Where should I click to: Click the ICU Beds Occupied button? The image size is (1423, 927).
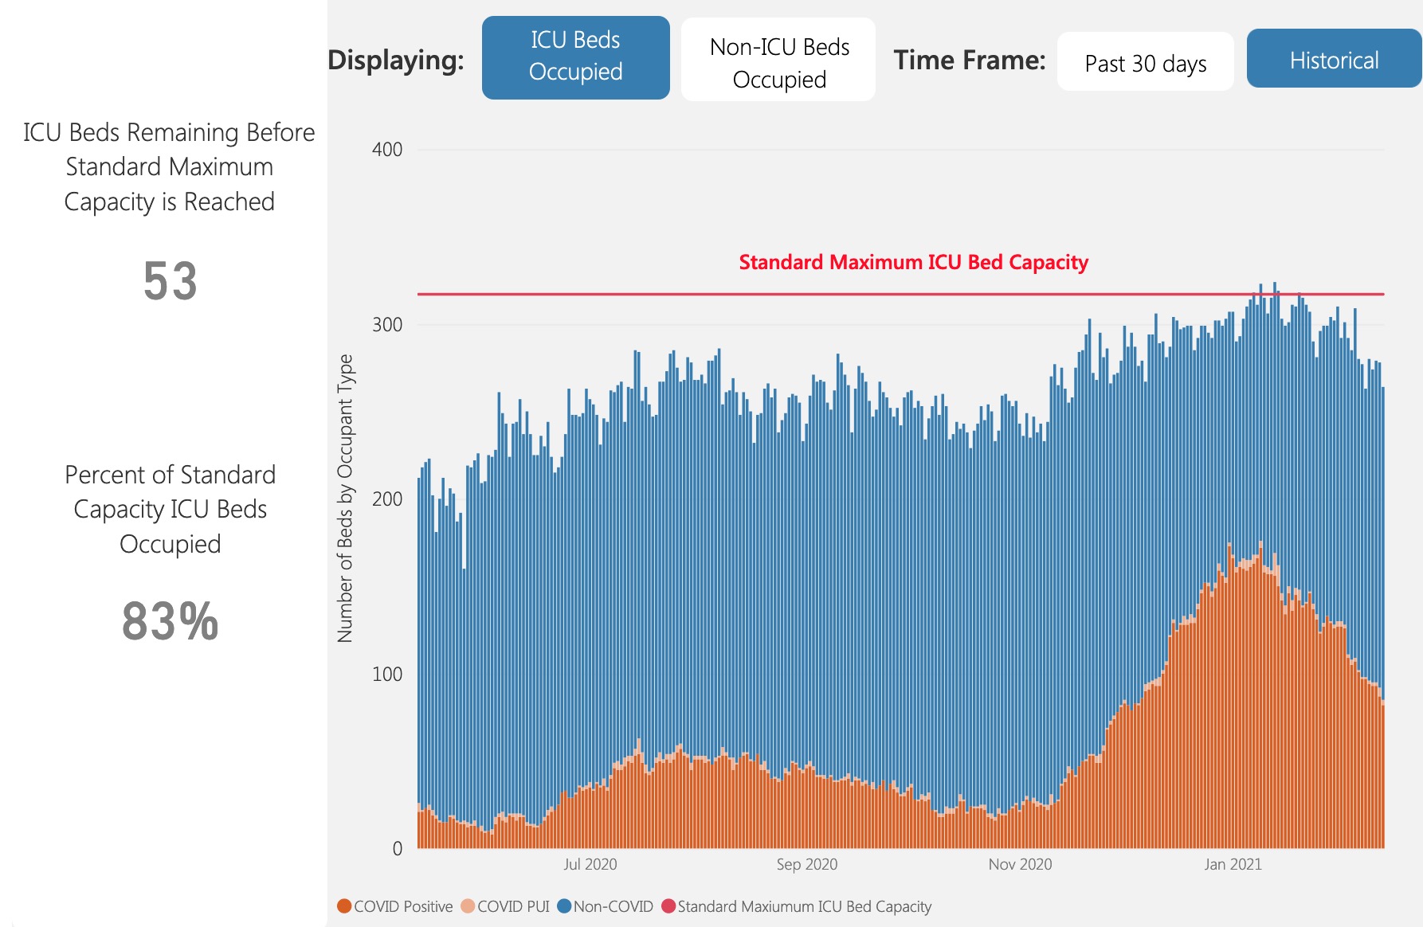(x=575, y=57)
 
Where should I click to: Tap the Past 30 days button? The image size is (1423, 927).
(x=1145, y=62)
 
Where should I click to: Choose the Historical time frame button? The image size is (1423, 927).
(x=1334, y=59)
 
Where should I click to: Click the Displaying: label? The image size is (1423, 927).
(x=396, y=60)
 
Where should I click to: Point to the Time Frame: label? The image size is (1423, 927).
(x=969, y=60)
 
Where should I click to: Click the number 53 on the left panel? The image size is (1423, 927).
(x=170, y=281)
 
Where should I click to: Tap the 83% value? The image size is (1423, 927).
(x=170, y=621)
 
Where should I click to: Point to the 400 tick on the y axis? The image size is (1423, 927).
(x=387, y=150)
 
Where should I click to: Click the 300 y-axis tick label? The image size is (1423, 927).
(x=387, y=325)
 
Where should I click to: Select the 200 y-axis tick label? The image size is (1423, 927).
(x=387, y=499)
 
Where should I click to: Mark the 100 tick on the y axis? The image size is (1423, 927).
(x=387, y=674)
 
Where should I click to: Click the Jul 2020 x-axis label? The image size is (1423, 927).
(x=590, y=864)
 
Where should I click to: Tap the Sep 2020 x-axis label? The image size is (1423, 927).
(x=806, y=864)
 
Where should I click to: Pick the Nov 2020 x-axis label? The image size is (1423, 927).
(x=1020, y=864)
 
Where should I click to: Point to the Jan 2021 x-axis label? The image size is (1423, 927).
(x=1233, y=864)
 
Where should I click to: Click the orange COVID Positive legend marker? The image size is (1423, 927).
(x=344, y=906)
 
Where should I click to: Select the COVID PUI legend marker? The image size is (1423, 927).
(x=468, y=906)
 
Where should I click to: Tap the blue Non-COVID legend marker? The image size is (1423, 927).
(x=564, y=906)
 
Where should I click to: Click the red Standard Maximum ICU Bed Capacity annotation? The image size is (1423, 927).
(x=913, y=262)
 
